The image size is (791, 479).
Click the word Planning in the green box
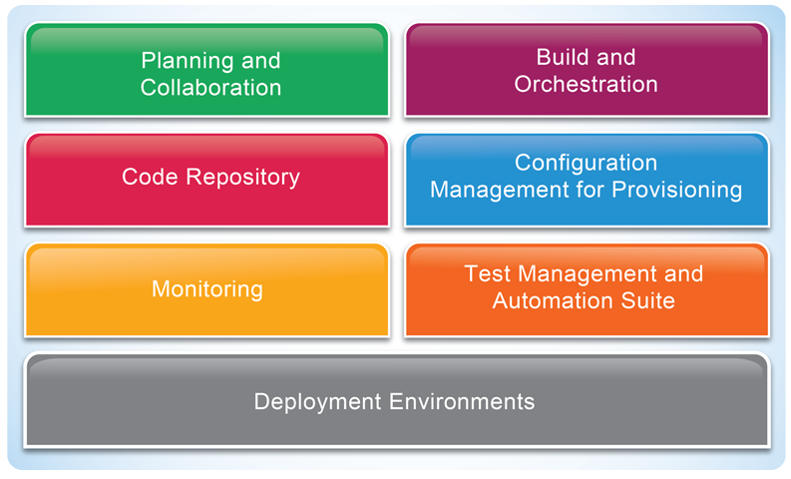tap(188, 62)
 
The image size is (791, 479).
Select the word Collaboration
tap(210, 88)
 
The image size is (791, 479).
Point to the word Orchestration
tap(586, 84)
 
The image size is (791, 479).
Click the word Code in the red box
tap(150, 177)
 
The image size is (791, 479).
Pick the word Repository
tap(243, 178)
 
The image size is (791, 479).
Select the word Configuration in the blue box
tap(586, 164)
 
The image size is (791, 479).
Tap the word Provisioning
tap(677, 191)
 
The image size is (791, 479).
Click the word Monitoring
tap(207, 289)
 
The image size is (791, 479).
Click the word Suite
tap(647, 300)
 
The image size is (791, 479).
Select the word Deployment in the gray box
tap(318, 402)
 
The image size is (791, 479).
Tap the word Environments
tap(462, 402)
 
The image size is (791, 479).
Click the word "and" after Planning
tap(260, 61)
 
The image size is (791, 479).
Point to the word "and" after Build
tap(616, 57)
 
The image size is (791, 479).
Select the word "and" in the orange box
tap(683, 273)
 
